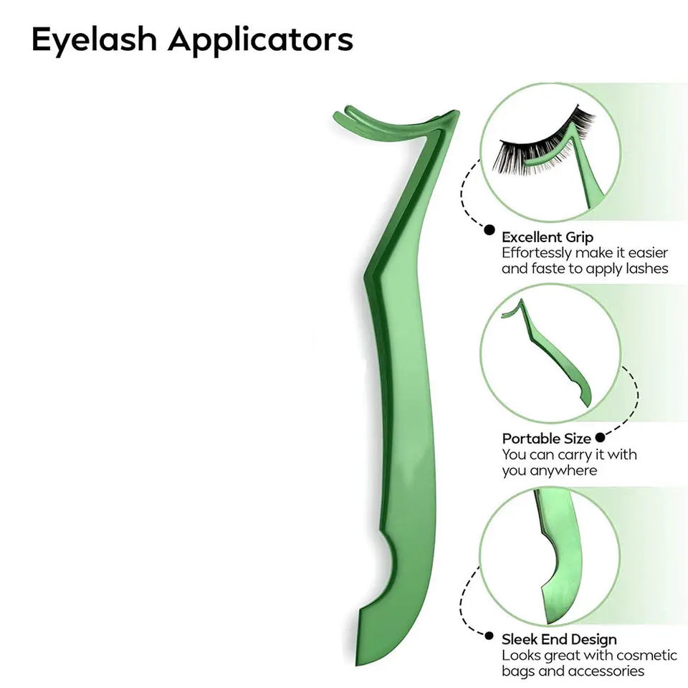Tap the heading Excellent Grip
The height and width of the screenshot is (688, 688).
click(x=548, y=237)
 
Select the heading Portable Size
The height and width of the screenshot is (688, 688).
click(x=546, y=439)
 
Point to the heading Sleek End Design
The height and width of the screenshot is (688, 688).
click(x=559, y=639)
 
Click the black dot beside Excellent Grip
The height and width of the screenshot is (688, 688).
click(x=489, y=230)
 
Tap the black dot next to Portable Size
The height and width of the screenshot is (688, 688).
click(x=601, y=436)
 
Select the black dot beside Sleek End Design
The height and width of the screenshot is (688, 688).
click(x=489, y=636)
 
